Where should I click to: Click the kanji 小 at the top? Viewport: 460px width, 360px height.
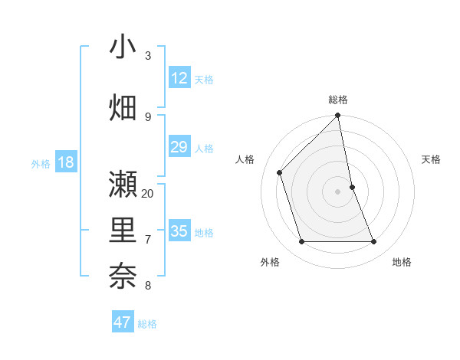point(123,47)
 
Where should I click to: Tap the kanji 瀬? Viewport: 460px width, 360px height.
point(123,185)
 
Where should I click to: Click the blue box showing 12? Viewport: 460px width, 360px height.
point(179,78)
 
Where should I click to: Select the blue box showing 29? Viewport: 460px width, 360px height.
point(179,147)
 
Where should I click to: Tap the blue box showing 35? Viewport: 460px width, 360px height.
point(179,231)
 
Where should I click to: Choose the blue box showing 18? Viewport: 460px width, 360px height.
point(65,162)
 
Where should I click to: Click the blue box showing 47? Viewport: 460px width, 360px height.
point(123,322)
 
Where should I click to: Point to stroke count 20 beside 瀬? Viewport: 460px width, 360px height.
point(148,194)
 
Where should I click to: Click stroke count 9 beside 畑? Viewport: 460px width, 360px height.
point(148,117)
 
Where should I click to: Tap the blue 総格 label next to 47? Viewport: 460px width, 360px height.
point(147,324)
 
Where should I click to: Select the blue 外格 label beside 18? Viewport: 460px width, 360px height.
point(41,164)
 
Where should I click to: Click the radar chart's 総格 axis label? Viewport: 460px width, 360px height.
point(338,100)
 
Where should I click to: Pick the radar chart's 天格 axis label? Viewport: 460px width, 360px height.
point(431,159)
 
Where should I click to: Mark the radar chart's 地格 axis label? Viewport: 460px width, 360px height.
point(402,262)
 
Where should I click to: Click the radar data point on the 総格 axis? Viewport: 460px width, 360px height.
point(338,116)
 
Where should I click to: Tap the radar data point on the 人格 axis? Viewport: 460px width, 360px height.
point(280,172)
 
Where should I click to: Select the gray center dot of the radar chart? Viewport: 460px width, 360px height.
point(338,191)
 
